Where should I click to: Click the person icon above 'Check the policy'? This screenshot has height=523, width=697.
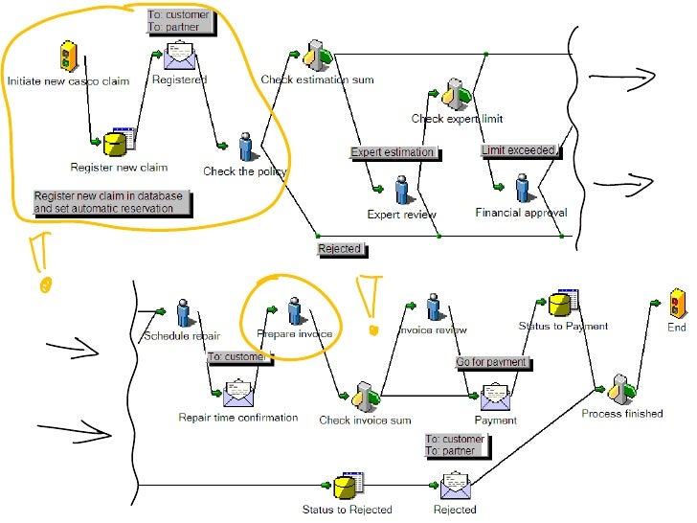pos(246,147)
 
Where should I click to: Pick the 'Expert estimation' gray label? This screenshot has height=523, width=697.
pos(392,152)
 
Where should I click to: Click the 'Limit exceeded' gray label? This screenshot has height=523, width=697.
pos(519,150)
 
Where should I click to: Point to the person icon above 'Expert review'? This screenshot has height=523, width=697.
pos(402,190)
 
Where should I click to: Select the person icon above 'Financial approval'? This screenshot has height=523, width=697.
pos(522,187)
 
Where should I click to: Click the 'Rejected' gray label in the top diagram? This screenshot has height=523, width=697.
pos(340,249)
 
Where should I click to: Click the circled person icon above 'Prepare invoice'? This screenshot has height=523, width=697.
pos(294,310)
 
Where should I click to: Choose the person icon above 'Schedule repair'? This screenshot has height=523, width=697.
pos(182,311)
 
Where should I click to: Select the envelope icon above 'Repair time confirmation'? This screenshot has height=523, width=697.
pos(237,393)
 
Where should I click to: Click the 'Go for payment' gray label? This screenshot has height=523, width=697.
pos(492,363)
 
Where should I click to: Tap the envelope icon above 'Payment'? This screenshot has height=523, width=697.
pos(495,395)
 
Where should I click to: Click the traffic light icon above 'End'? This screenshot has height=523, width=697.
pos(678,303)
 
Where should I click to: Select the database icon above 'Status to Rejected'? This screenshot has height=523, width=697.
pos(347,487)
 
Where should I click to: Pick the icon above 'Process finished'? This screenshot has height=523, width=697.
pos(621,389)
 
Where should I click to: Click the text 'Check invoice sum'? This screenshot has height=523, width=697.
pos(365,421)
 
